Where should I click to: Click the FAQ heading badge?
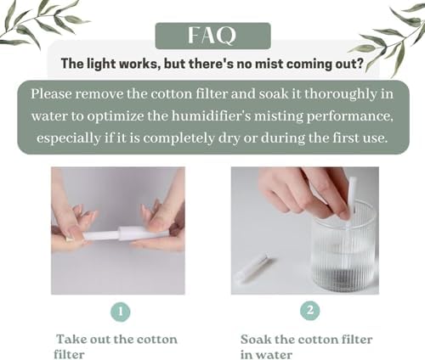click(213, 36)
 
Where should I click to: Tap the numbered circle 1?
click(121, 312)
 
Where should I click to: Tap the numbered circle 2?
click(310, 311)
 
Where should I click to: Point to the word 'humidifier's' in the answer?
click(211, 116)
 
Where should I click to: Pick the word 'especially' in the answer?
click(69, 138)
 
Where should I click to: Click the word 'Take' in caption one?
click(71, 339)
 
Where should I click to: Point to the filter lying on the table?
click(252, 266)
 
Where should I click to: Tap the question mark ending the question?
click(360, 64)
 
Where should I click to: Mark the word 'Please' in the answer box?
click(51, 94)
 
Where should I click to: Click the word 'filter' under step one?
click(69, 354)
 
